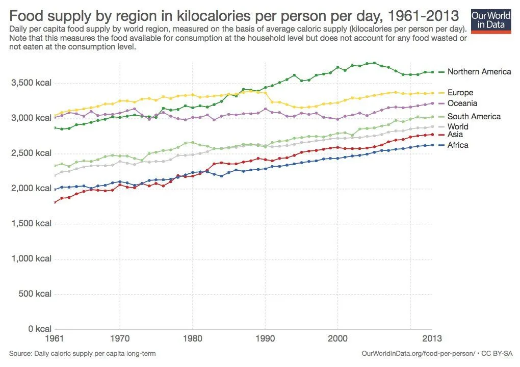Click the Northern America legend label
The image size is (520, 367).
point(479,72)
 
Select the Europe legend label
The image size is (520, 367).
point(460,93)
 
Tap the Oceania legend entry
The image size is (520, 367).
point(462,103)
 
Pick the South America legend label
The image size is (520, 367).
point(474,117)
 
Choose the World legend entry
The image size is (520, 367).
point(458,127)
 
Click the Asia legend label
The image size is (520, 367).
point(456,135)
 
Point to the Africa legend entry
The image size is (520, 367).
point(457,145)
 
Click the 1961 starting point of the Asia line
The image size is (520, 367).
point(55,202)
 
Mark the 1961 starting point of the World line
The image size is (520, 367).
point(55,175)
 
